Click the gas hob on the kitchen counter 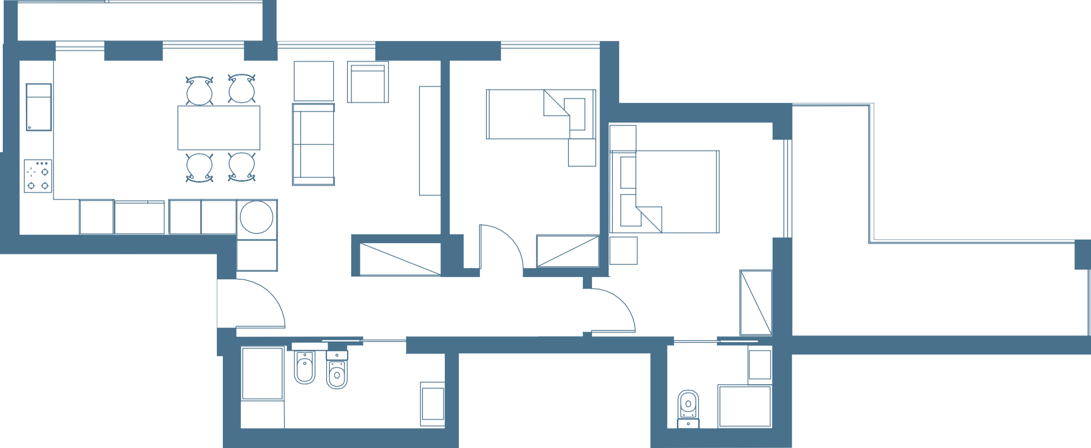pyautogui.click(x=38, y=176)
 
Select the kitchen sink pyautogui.click(x=38, y=107)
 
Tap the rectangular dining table pyautogui.click(x=218, y=127)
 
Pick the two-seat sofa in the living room pyautogui.click(x=313, y=145)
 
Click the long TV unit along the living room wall pyautogui.click(x=429, y=140)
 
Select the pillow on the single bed pyautogui.click(x=574, y=114)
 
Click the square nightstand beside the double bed pyautogui.click(x=623, y=250)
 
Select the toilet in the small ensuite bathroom pyautogui.click(x=688, y=408)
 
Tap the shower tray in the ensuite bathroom pyautogui.click(x=744, y=406)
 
